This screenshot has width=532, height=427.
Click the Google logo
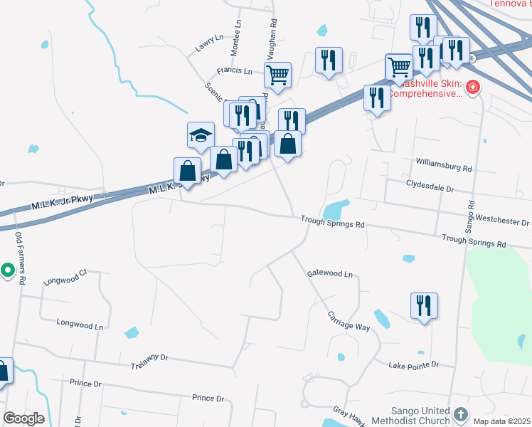(x=23, y=418)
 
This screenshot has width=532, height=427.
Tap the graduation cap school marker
(x=201, y=135)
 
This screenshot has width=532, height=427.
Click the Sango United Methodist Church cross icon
(x=461, y=414)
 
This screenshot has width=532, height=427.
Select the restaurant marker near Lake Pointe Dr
(x=424, y=306)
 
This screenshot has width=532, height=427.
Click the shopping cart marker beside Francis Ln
(x=277, y=74)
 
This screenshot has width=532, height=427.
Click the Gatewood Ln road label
(x=329, y=273)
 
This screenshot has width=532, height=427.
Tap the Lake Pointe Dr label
(x=413, y=365)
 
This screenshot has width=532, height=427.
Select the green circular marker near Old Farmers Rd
(x=7, y=270)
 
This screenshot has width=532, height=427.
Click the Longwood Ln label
(x=80, y=325)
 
